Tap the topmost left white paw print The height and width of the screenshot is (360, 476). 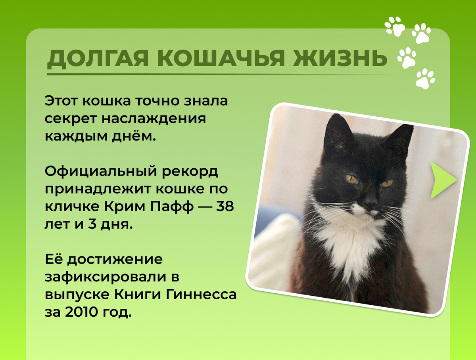click(x=395, y=26)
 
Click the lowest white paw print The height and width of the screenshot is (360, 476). click(x=425, y=78)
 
